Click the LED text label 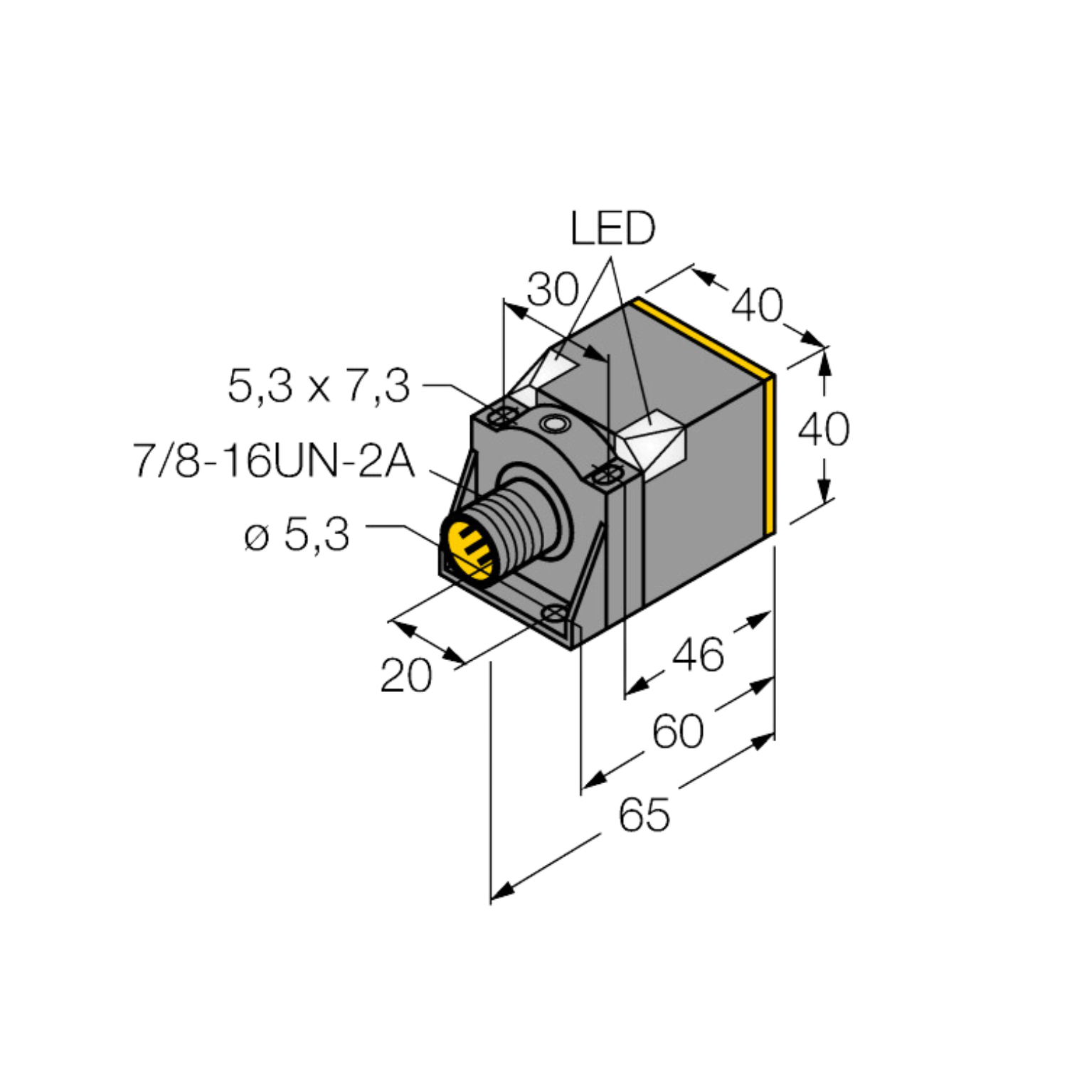[x=612, y=228]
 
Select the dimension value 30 [x=553, y=290]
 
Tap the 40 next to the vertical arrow [x=824, y=429]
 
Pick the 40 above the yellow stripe [x=758, y=305]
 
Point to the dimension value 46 [x=698, y=654]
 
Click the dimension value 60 [x=678, y=731]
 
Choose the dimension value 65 [x=644, y=815]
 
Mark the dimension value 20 [x=406, y=676]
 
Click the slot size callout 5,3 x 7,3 [x=319, y=386]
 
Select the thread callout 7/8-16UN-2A [x=274, y=461]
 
